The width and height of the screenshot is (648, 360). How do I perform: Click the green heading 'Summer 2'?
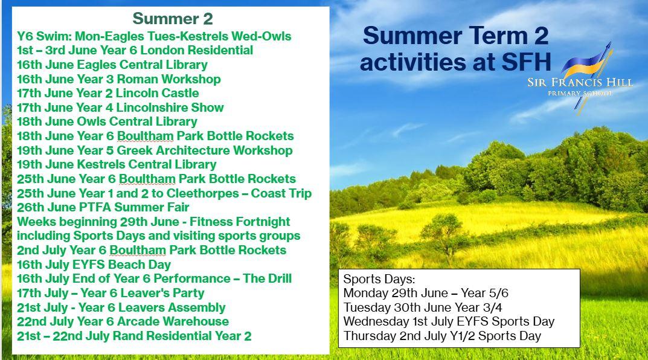tap(173, 19)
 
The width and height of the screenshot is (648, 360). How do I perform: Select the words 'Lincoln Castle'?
tap(158, 93)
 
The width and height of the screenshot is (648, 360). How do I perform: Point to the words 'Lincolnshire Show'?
tap(170, 108)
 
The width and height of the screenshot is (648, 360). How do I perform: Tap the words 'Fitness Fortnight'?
tap(240, 222)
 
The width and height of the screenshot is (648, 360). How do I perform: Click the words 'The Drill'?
tap(267, 278)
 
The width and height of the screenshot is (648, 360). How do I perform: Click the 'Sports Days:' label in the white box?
tap(379, 279)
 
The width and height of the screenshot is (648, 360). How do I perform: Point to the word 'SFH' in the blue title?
tap(527, 62)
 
